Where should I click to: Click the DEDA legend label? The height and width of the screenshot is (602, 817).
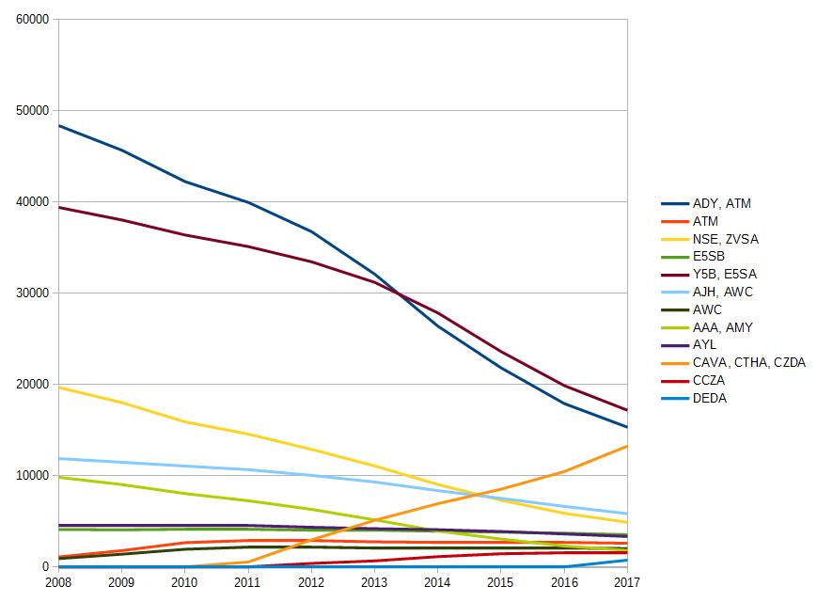(x=709, y=398)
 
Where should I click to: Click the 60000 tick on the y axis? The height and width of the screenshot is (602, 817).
(x=32, y=20)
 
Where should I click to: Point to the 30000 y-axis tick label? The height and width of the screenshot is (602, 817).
(x=32, y=293)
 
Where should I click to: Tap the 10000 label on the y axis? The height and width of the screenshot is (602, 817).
(x=32, y=475)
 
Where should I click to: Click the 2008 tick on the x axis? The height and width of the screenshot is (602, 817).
(x=58, y=582)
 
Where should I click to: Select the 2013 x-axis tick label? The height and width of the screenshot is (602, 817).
(x=374, y=582)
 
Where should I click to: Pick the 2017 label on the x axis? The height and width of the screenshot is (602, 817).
(x=627, y=582)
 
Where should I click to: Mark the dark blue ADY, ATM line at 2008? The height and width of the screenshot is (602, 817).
(x=59, y=126)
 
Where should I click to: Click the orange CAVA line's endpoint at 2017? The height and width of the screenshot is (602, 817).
(x=627, y=446)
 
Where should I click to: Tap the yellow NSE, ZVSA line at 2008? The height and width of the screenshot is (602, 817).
(x=59, y=388)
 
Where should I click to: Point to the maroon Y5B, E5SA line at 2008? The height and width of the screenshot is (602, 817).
(x=59, y=208)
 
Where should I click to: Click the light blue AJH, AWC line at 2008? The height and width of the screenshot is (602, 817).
(x=59, y=459)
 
